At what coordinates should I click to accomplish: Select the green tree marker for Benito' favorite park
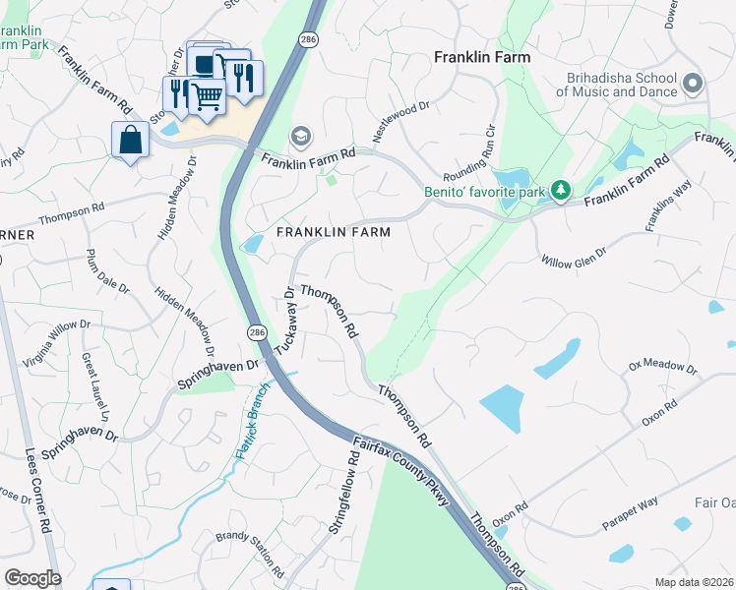click(561, 189)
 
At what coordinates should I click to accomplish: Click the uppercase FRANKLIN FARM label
click(333, 233)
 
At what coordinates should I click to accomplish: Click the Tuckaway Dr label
click(284, 321)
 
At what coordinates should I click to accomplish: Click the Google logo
click(32, 578)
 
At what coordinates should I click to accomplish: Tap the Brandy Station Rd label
click(250, 555)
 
